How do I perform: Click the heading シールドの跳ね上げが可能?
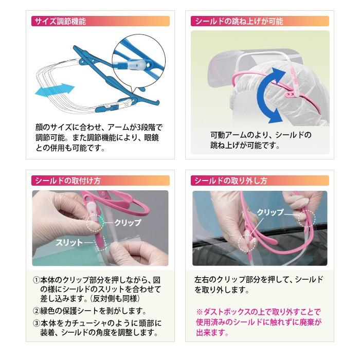coord(237,21)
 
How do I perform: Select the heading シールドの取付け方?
coord(66,181)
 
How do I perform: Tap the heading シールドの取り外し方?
coord(229,181)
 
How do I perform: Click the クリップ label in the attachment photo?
coord(127,222)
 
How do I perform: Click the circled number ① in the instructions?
coord(36,280)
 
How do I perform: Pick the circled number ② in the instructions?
coord(36,311)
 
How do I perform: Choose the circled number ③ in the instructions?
coord(36,323)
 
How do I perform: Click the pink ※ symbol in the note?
coord(199,312)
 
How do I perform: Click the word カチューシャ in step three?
coord(90,323)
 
